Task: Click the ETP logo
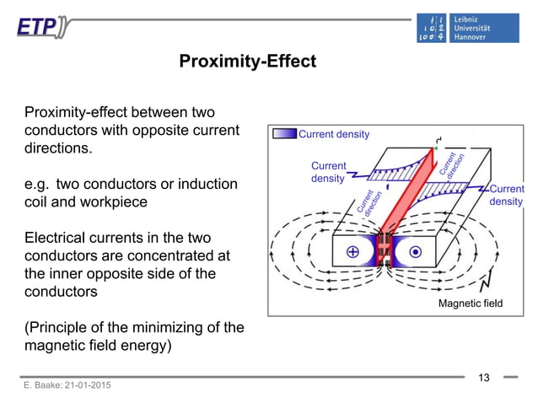[43, 27]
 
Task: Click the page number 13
[484, 377]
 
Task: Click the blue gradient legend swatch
[284, 134]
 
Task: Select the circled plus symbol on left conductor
[352, 252]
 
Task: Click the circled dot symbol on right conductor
[415, 252]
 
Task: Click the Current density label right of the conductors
[506, 195]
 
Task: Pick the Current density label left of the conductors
[328, 172]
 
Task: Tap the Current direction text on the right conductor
[448, 164]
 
